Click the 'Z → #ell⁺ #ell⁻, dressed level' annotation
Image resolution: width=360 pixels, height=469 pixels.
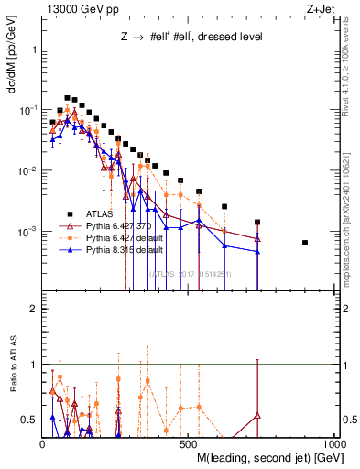pos(191,38)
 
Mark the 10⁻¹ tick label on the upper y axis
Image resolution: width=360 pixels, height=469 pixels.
pos(27,110)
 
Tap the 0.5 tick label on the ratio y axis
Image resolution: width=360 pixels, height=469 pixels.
pos(29,420)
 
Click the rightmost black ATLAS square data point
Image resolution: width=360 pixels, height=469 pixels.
pos(331,243)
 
